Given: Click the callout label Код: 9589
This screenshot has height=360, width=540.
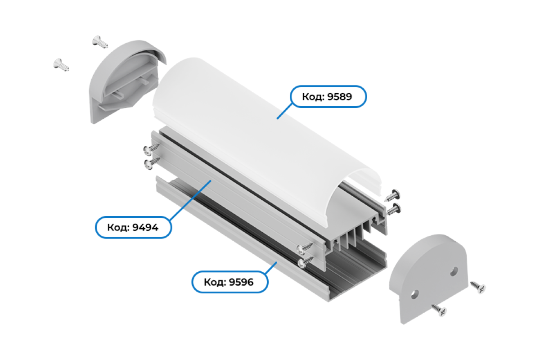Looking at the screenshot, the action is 328,96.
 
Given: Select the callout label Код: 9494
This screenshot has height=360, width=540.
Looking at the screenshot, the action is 133,227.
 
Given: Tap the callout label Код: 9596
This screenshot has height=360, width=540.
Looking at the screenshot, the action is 230,282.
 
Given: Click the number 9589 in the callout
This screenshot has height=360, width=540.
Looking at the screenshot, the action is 340,97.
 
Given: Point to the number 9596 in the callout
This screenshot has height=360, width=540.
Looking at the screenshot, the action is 241,282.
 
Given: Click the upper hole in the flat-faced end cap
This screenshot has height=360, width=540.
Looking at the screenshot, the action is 454,271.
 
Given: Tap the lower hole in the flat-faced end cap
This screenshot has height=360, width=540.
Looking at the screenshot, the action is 414,294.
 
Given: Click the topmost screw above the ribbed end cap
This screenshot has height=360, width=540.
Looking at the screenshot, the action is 100,42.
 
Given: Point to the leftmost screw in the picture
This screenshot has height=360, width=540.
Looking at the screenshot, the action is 61,65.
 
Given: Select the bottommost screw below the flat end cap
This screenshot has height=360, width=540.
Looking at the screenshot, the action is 439,310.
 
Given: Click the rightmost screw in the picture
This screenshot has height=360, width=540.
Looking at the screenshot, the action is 478,287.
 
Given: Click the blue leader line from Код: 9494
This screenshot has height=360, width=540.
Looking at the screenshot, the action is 190,200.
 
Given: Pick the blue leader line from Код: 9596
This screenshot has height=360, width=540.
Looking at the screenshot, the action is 271,268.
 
